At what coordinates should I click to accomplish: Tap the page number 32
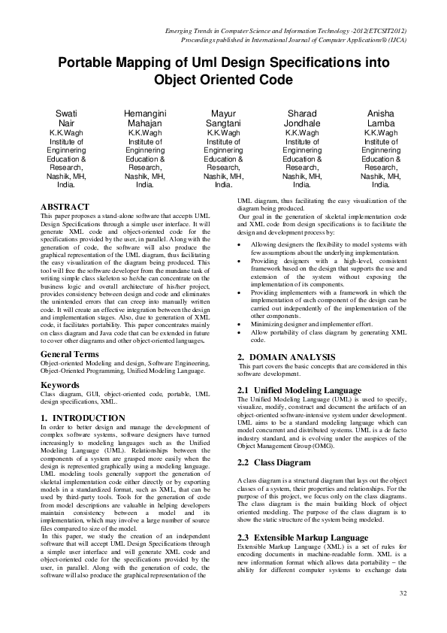(403, 594)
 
